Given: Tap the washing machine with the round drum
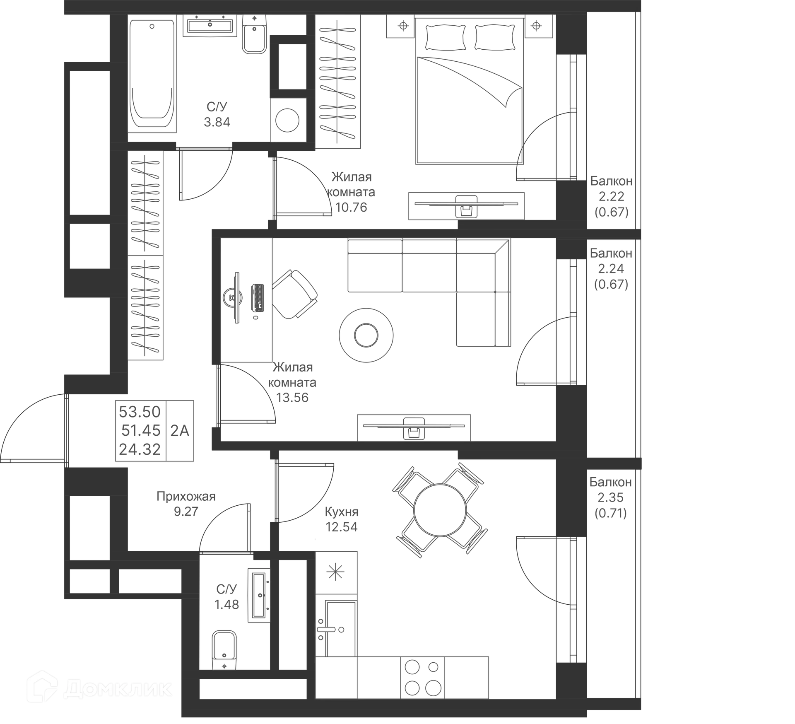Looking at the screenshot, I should click(x=287, y=120).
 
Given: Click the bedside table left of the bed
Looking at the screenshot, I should click(x=400, y=27).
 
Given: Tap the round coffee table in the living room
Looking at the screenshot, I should click(x=366, y=335).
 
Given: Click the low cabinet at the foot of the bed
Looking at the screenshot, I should click(x=467, y=205).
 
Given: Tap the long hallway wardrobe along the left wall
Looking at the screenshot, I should click(x=146, y=257).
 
